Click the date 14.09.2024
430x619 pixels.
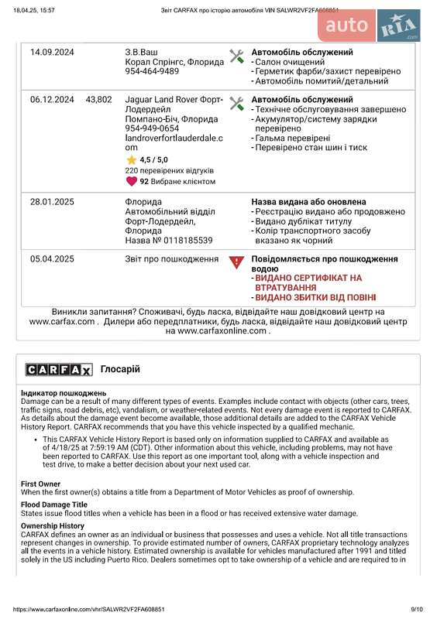point(52,53)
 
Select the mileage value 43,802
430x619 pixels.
point(98,100)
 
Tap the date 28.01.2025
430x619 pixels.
point(52,202)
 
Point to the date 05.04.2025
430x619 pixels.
point(52,259)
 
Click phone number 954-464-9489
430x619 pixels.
point(152,71)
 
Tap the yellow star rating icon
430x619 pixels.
point(132,159)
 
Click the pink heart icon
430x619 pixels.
point(131,181)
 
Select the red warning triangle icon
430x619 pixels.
point(237,262)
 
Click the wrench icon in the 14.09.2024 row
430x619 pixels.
point(237,56)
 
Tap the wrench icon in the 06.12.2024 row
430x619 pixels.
point(237,103)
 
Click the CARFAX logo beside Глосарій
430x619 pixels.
point(59,370)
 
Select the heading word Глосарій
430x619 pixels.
point(120,369)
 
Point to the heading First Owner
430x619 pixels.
point(40,484)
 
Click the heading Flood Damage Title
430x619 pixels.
point(53,504)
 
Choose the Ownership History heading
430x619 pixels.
point(53,526)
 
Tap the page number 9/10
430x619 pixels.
point(417,610)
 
